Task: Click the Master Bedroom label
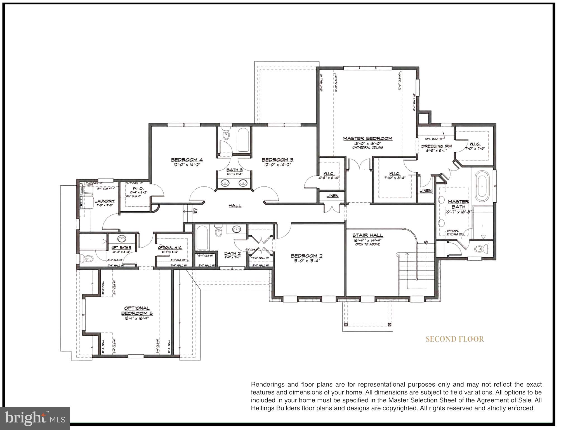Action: [367, 138]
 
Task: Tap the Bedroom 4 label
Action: [187, 160]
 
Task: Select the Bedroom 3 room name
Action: [277, 160]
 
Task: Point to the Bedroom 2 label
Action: [307, 256]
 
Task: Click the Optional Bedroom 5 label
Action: [137, 311]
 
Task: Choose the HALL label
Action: [235, 206]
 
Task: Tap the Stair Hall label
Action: [367, 235]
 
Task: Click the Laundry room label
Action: [105, 201]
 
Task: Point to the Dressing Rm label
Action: [436, 146]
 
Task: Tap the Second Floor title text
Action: [454, 339]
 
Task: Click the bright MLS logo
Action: [35, 418]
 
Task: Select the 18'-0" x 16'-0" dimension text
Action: [367, 143]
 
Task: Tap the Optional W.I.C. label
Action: [170, 248]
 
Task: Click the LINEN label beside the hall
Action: [332, 196]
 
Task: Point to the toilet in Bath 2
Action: [218, 231]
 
